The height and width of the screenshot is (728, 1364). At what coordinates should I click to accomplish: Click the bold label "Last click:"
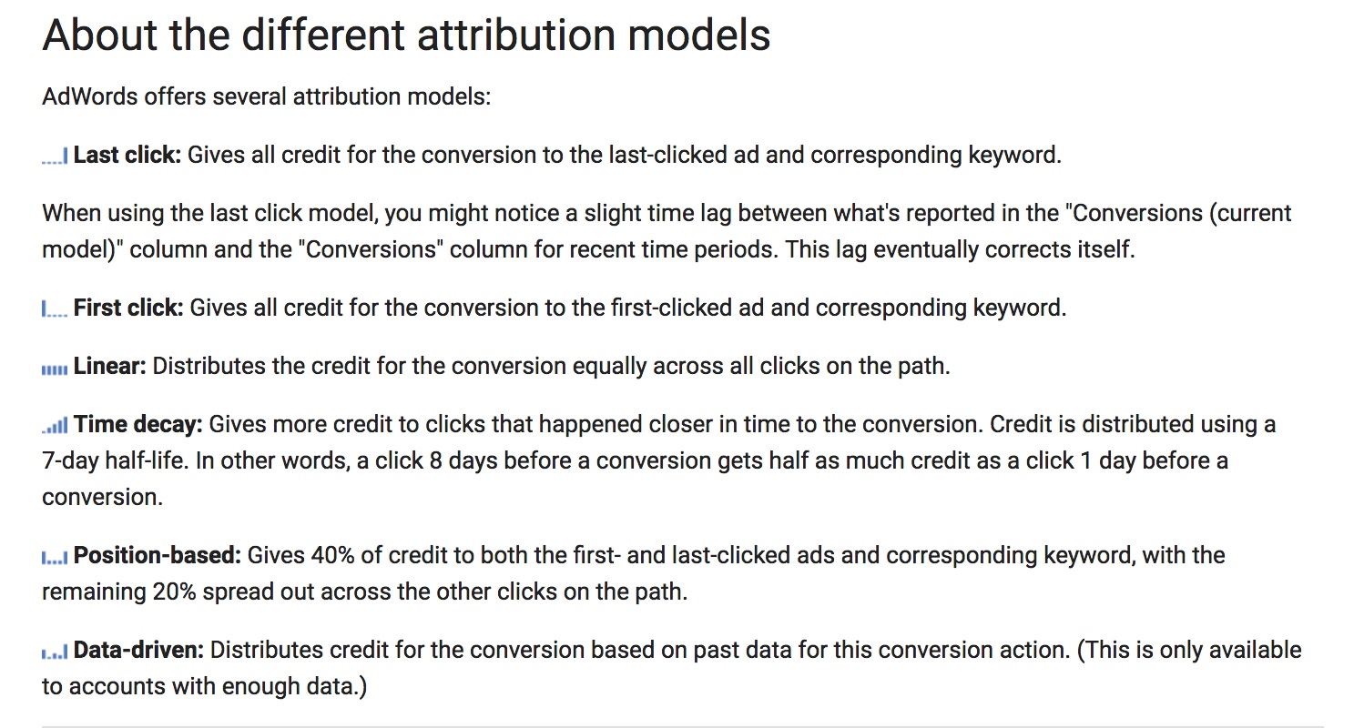pos(127,155)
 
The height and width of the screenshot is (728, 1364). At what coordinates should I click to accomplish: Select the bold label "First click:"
pos(128,308)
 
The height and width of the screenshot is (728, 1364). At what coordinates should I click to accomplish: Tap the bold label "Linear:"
pos(109,366)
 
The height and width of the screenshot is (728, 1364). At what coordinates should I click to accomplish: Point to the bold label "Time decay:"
pos(138,424)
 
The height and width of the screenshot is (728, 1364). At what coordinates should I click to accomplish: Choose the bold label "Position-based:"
pos(157,555)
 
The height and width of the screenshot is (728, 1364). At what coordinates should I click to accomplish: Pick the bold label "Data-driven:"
pos(138,650)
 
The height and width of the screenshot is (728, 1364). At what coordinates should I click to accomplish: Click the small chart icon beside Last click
pos(55,157)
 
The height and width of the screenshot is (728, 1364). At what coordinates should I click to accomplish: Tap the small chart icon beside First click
pos(55,310)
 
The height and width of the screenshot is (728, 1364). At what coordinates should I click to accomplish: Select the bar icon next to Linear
pos(55,369)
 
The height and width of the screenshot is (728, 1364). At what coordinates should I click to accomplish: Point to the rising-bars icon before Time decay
pos(55,426)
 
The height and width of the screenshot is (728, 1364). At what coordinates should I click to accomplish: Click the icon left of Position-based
pos(55,557)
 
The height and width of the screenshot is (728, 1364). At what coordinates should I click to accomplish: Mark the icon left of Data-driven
pos(55,652)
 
